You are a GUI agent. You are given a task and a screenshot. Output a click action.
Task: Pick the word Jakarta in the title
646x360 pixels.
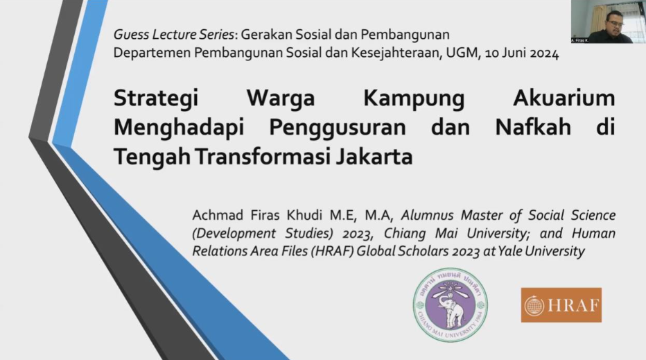(x=374, y=157)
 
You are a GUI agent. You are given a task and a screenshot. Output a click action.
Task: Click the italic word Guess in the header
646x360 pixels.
(x=133, y=34)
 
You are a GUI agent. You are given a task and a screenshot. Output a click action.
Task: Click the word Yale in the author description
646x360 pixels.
(x=519, y=250)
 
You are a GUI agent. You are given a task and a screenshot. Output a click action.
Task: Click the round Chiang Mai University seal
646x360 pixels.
(x=450, y=305)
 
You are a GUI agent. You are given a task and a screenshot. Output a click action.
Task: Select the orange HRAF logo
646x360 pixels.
(x=561, y=305)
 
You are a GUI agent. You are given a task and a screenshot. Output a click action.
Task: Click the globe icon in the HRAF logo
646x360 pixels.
(x=534, y=306)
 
